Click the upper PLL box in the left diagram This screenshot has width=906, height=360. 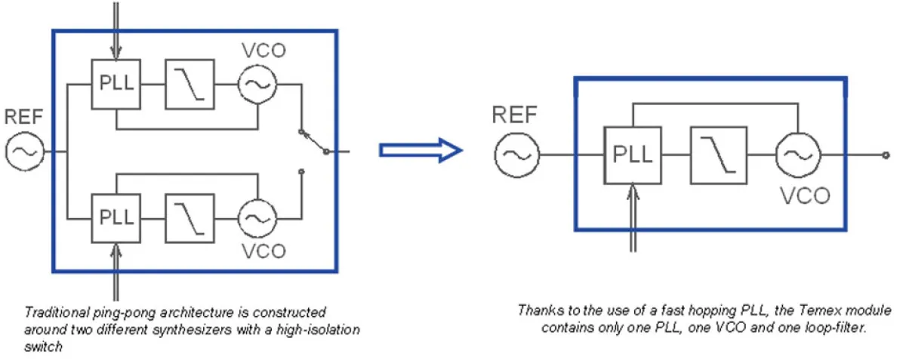(x=116, y=84)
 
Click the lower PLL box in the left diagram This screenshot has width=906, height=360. (x=116, y=217)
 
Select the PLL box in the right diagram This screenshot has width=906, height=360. (x=628, y=155)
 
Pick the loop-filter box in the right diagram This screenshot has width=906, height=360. (x=719, y=155)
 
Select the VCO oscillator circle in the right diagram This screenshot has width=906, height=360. (x=799, y=155)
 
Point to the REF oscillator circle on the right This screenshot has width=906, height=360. (x=517, y=155)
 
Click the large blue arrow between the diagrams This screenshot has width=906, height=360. (x=420, y=151)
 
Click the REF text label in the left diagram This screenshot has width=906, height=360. (x=25, y=117)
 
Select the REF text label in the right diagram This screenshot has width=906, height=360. (x=515, y=115)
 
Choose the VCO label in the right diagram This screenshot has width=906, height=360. (x=805, y=195)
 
